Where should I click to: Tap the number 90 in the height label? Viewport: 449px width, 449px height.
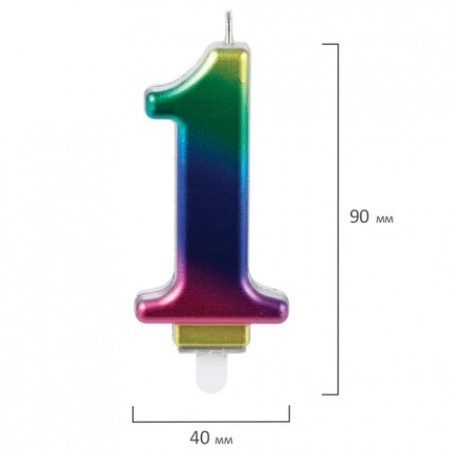359,216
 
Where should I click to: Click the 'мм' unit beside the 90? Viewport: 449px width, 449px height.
384,220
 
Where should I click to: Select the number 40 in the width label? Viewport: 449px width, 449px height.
200,438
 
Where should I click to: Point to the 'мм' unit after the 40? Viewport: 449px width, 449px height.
224,441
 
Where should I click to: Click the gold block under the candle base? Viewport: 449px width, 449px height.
212,335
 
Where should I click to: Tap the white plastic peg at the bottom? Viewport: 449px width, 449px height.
211,372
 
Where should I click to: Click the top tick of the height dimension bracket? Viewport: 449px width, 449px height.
330,44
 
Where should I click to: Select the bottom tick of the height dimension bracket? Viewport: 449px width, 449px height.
330,394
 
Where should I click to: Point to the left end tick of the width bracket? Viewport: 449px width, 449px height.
133,414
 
